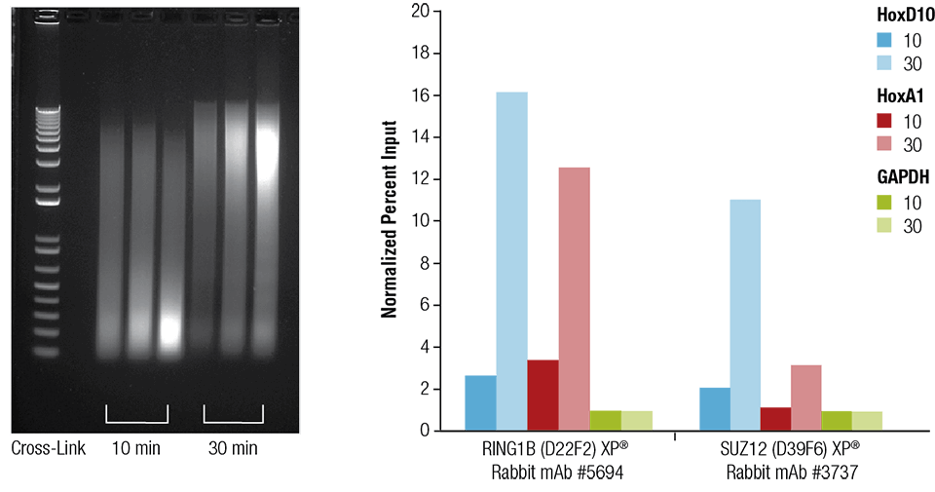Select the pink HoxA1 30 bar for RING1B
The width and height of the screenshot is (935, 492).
pyautogui.click(x=574, y=298)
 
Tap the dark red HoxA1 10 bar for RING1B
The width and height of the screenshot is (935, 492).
pyautogui.click(x=542, y=395)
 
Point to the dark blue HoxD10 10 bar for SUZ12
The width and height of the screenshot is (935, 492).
pyautogui.click(x=714, y=408)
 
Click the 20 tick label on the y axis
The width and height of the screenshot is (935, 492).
pyautogui.click(x=420, y=12)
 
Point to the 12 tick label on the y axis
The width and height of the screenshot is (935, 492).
pyautogui.click(x=420, y=179)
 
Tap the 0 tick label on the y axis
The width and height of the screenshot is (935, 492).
pyautogui.click(x=424, y=431)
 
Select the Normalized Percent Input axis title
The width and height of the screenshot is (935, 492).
pyautogui.click(x=390, y=220)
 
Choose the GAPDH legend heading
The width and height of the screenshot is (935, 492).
pyautogui.click(x=899, y=177)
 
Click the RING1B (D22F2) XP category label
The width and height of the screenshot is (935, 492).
pyautogui.click(x=558, y=458)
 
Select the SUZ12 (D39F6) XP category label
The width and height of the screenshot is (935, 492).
pyautogui.click(x=791, y=458)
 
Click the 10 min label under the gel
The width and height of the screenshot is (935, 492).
pyautogui.click(x=135, y=449)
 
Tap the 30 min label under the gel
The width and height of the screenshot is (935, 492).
pyautogui.click(x=234, y=449)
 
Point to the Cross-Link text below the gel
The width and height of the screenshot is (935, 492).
pyautogui.click(x=49, y=449)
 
